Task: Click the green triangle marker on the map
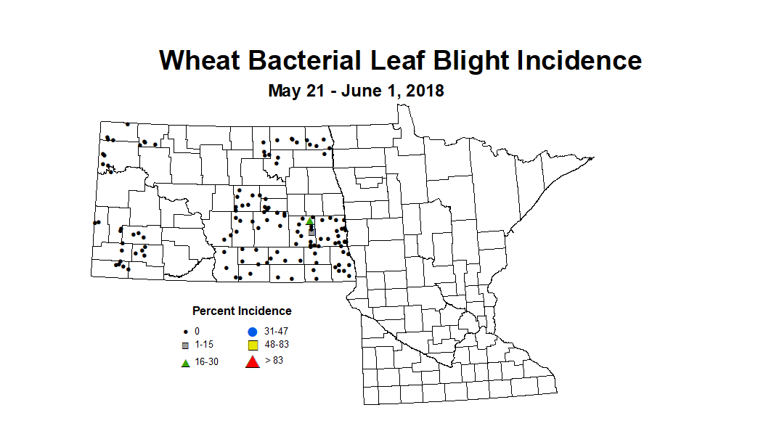tap(309, 221)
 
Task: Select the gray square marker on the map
tap(311, 232)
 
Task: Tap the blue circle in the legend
tap(253, 332)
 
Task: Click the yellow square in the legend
tap(253, 345)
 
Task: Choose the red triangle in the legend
tap(253, 361)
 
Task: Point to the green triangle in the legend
tap(186, 362)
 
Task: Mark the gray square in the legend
tap(186, 345)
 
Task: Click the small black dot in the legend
tap(186, 331)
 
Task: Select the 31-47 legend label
tap(277, 331)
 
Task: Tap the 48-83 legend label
tap(277, 345)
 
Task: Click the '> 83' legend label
tap(274, 360)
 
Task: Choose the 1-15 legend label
tap(203, 345)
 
